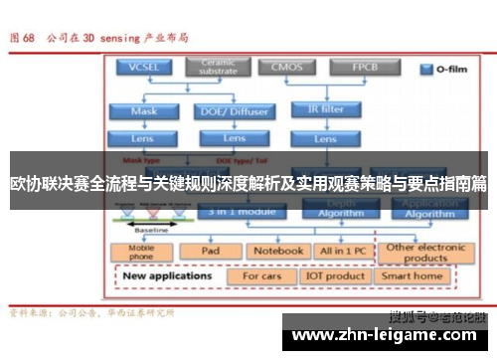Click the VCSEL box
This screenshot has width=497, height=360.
pyautogui.click(x=144, y=68)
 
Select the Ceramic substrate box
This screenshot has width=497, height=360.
pyautogui.click(x=219, y=68)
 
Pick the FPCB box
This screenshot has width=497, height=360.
pyautogui.click(x=363, y=68)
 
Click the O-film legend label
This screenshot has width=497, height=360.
pyautogui.click(x=445, y=70)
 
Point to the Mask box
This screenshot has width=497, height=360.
pyautogui.click(x=144, y=111)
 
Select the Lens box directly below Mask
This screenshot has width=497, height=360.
pyautogui.click(x=144, y=138)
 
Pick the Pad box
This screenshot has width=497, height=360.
pyautogui.click(x=210, y=252)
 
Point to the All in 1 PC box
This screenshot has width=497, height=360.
pyautogui.click(x=342, y=252)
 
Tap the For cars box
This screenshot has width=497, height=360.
pyautogui.click(x=262, y=275)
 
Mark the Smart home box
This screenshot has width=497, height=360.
pyautogui.click(x=413, y=275)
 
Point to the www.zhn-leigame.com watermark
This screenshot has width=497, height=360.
pyautogui.click(x=387, y=338)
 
